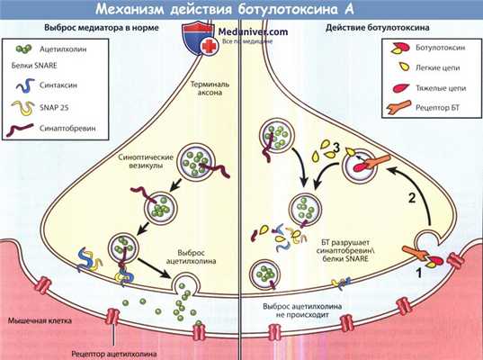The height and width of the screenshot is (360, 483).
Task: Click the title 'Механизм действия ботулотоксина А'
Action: coord(241,9)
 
